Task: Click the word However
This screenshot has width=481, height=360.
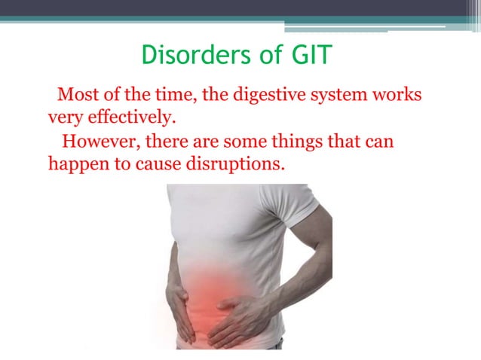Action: (x=97, y=141)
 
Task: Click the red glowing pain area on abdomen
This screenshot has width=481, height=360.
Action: (x=218, y=290)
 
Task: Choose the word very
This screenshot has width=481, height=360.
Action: (x=63, y=118)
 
